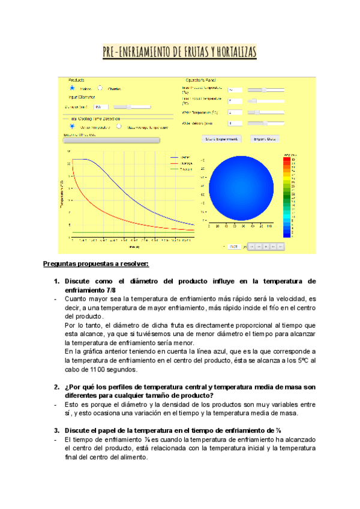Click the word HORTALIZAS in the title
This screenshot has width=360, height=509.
tap(233, 53)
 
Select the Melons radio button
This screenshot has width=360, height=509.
tap(72, 88)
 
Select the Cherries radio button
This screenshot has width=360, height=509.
tap(100, 88)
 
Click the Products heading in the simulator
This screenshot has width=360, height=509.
tap(76, 79)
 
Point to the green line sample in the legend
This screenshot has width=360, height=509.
tap(175, 169)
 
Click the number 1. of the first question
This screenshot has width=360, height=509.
tap(57, 281)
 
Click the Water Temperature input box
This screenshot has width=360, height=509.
tap(235, 112)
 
